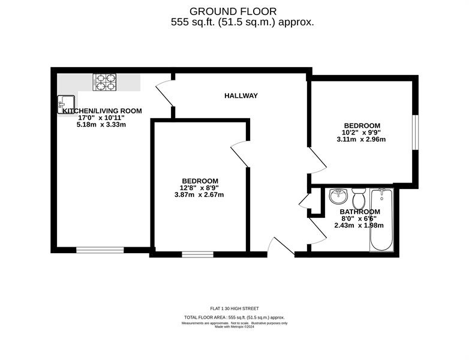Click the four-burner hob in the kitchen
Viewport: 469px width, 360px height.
104,82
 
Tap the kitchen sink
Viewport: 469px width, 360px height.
66,104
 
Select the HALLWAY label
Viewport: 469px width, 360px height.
241,96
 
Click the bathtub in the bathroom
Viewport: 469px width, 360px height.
381,220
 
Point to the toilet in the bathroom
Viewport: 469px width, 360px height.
358,199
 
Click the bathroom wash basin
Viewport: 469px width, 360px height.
338,196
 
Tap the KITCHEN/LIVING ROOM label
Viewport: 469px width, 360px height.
102,111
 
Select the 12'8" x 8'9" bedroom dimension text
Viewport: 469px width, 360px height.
199,188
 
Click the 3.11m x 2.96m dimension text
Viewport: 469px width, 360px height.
361,139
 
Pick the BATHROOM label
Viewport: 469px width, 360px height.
360,212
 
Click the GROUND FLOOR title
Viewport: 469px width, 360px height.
233,11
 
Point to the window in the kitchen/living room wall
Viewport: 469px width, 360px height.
100,250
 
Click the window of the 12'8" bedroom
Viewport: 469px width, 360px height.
198,254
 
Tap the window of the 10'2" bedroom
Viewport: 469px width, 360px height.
415,132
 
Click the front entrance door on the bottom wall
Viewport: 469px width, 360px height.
281,245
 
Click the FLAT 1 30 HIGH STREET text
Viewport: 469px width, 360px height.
235,308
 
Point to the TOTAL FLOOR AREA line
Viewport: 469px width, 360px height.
235,317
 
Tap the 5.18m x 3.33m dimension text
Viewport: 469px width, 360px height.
101,124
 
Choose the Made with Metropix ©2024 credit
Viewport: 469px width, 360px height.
235,327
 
